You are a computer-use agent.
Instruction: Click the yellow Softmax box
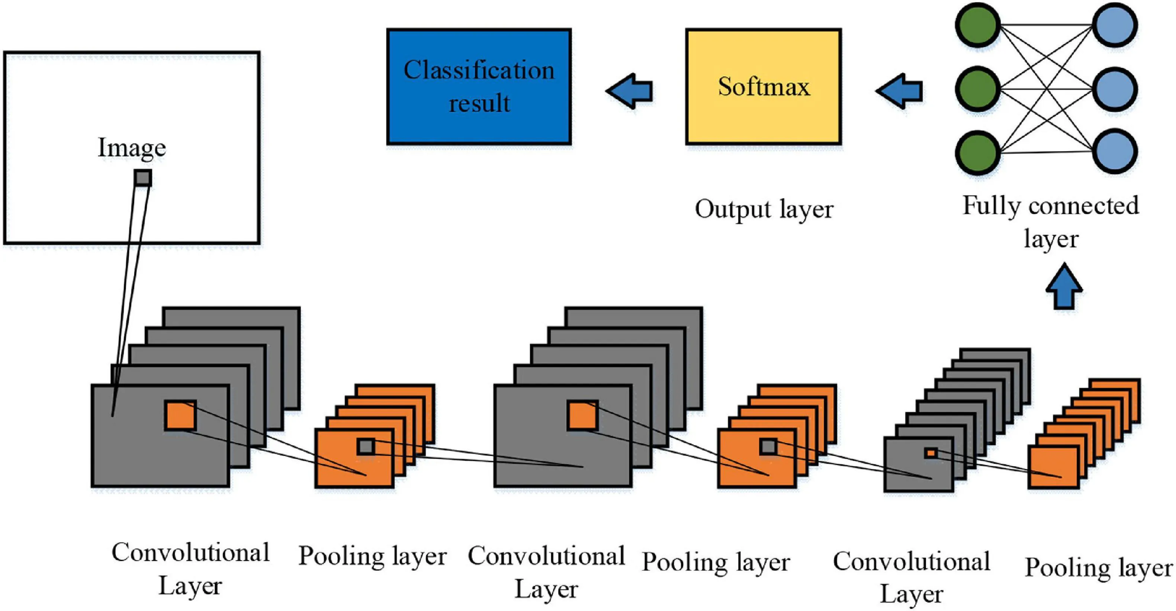click(763, 87)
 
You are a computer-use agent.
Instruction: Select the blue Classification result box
click(479, 87)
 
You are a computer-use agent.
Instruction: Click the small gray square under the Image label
click(143, 177)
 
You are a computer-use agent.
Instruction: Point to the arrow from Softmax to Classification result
click(630, 91)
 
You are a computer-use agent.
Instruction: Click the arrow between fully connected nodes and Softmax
click(899, 91)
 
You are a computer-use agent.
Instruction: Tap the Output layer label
click(764, 209)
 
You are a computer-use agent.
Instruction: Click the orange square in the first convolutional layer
click(181, 416)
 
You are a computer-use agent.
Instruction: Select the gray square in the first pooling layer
click(366, 447)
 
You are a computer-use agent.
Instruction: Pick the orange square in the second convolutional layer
click(583, 416)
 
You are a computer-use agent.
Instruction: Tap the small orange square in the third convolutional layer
click(931, 453)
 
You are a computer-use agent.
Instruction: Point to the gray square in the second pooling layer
click(768, 447)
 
